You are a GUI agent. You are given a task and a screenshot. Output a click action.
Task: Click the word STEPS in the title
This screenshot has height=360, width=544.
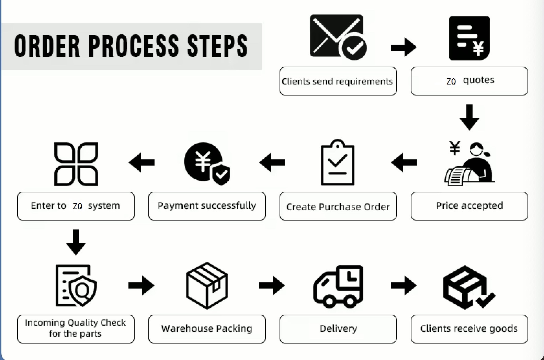(x=217, y=46)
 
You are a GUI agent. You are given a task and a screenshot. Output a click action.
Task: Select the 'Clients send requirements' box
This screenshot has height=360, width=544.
(x=338, y=81)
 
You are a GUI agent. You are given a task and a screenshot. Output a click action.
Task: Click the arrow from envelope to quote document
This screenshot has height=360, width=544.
(x=404, y=47)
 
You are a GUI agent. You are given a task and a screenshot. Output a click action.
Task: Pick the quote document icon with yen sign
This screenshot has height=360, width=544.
(x=469, y=38)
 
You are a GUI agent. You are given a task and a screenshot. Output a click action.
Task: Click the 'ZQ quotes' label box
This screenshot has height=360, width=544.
(x=469, y=81)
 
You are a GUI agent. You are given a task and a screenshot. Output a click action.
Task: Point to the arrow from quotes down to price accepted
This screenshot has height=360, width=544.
(x=469, y=117)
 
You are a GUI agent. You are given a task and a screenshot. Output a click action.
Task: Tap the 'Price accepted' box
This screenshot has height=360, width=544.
(x=469, y=206)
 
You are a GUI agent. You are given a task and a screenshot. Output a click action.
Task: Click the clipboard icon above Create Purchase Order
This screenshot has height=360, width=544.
(x=337, y=163)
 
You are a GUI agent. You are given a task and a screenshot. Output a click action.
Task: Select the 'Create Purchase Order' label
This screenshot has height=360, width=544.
(x=338, y=206)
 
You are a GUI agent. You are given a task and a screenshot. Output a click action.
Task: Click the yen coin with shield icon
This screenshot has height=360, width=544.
(x=206, y=163)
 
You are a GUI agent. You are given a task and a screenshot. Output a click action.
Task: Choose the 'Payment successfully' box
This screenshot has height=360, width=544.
(x=207, y=206)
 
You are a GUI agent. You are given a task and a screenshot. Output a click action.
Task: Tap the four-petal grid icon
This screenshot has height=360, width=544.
(x=76, y=164)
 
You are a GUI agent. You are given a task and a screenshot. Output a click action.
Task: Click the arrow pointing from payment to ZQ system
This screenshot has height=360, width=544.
(x=141, y=162)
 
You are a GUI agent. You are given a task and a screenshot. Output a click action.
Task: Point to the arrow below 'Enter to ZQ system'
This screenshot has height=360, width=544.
(x=76, y=242)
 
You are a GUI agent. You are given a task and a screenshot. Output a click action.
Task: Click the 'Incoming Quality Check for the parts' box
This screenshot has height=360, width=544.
(x=76, y=329)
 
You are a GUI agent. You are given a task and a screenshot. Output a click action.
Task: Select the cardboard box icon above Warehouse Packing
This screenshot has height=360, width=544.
(x=207, y=285)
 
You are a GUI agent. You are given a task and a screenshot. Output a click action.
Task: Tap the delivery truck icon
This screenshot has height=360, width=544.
(x=338, y=286)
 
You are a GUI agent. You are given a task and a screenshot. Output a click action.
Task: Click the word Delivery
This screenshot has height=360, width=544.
(x=338, y=329)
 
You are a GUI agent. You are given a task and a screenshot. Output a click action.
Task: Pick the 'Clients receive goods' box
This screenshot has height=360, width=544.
(x=469, y=329)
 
